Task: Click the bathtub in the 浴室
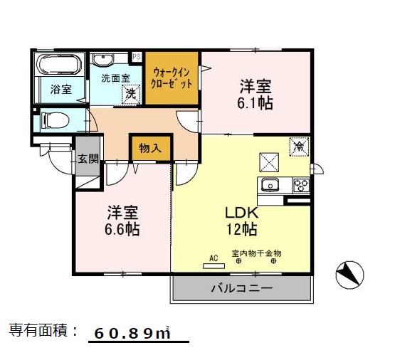pos(60,66)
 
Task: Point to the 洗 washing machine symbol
pos(130,92)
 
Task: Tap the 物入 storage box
pos(150,148)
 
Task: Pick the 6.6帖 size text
pos(123,229)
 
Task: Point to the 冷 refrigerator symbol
pos(298,147)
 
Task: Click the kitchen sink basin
pos(271,186)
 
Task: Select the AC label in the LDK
pos(213,258)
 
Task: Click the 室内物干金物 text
pos(257,253)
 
